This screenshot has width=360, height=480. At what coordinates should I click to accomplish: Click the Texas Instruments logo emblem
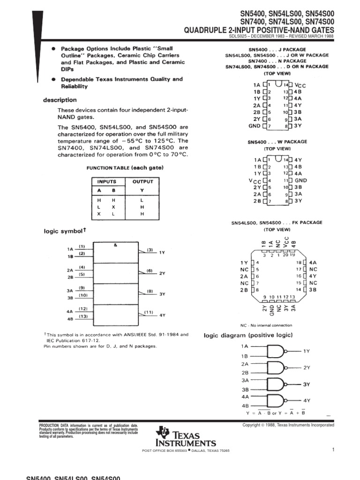(164, 432)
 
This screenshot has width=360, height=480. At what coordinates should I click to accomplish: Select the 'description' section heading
(60, 100)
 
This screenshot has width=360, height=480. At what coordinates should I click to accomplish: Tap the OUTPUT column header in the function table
(143, 181)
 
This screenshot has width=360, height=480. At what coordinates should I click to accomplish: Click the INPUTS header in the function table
(106, 181)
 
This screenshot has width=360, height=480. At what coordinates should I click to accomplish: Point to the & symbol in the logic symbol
(115, 245)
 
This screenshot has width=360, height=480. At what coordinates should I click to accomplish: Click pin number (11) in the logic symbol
(149, 312)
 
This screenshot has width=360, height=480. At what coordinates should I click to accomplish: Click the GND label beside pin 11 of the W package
(300, 180)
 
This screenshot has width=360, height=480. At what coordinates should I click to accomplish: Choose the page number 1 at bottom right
(332, 450)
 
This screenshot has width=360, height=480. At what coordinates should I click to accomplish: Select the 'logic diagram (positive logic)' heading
(248, 335)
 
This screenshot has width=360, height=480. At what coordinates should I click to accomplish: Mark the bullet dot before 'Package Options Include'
(54, 49)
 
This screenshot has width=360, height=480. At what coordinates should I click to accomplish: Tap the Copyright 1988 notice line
(288, 425)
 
